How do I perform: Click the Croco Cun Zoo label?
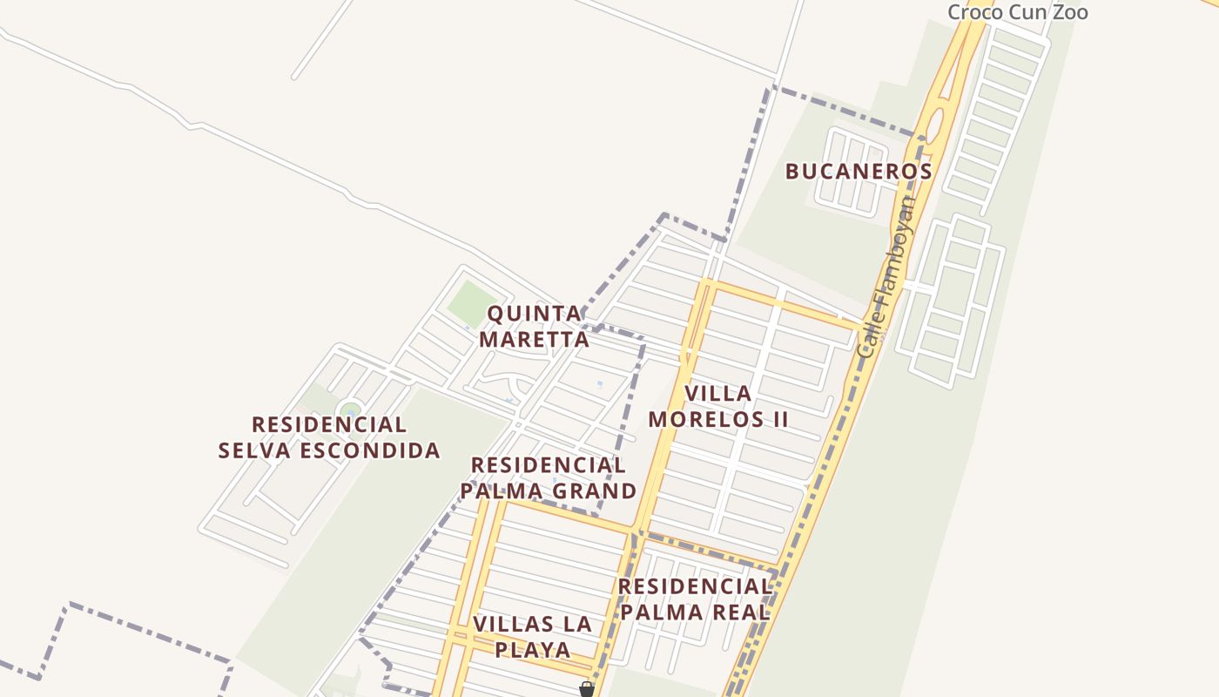(1017, 12)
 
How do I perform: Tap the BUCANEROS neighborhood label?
(859, 172)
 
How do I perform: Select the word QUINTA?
(535, 314)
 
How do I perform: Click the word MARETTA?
(535, 339)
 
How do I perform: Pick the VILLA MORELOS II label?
(718, 406)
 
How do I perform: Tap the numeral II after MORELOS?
(777, 420)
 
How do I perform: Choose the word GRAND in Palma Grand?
(596, 491)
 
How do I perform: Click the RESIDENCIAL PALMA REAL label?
(695, 599)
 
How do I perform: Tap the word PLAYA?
(533, 650)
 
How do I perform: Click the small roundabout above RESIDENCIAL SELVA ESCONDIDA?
(350, 409)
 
